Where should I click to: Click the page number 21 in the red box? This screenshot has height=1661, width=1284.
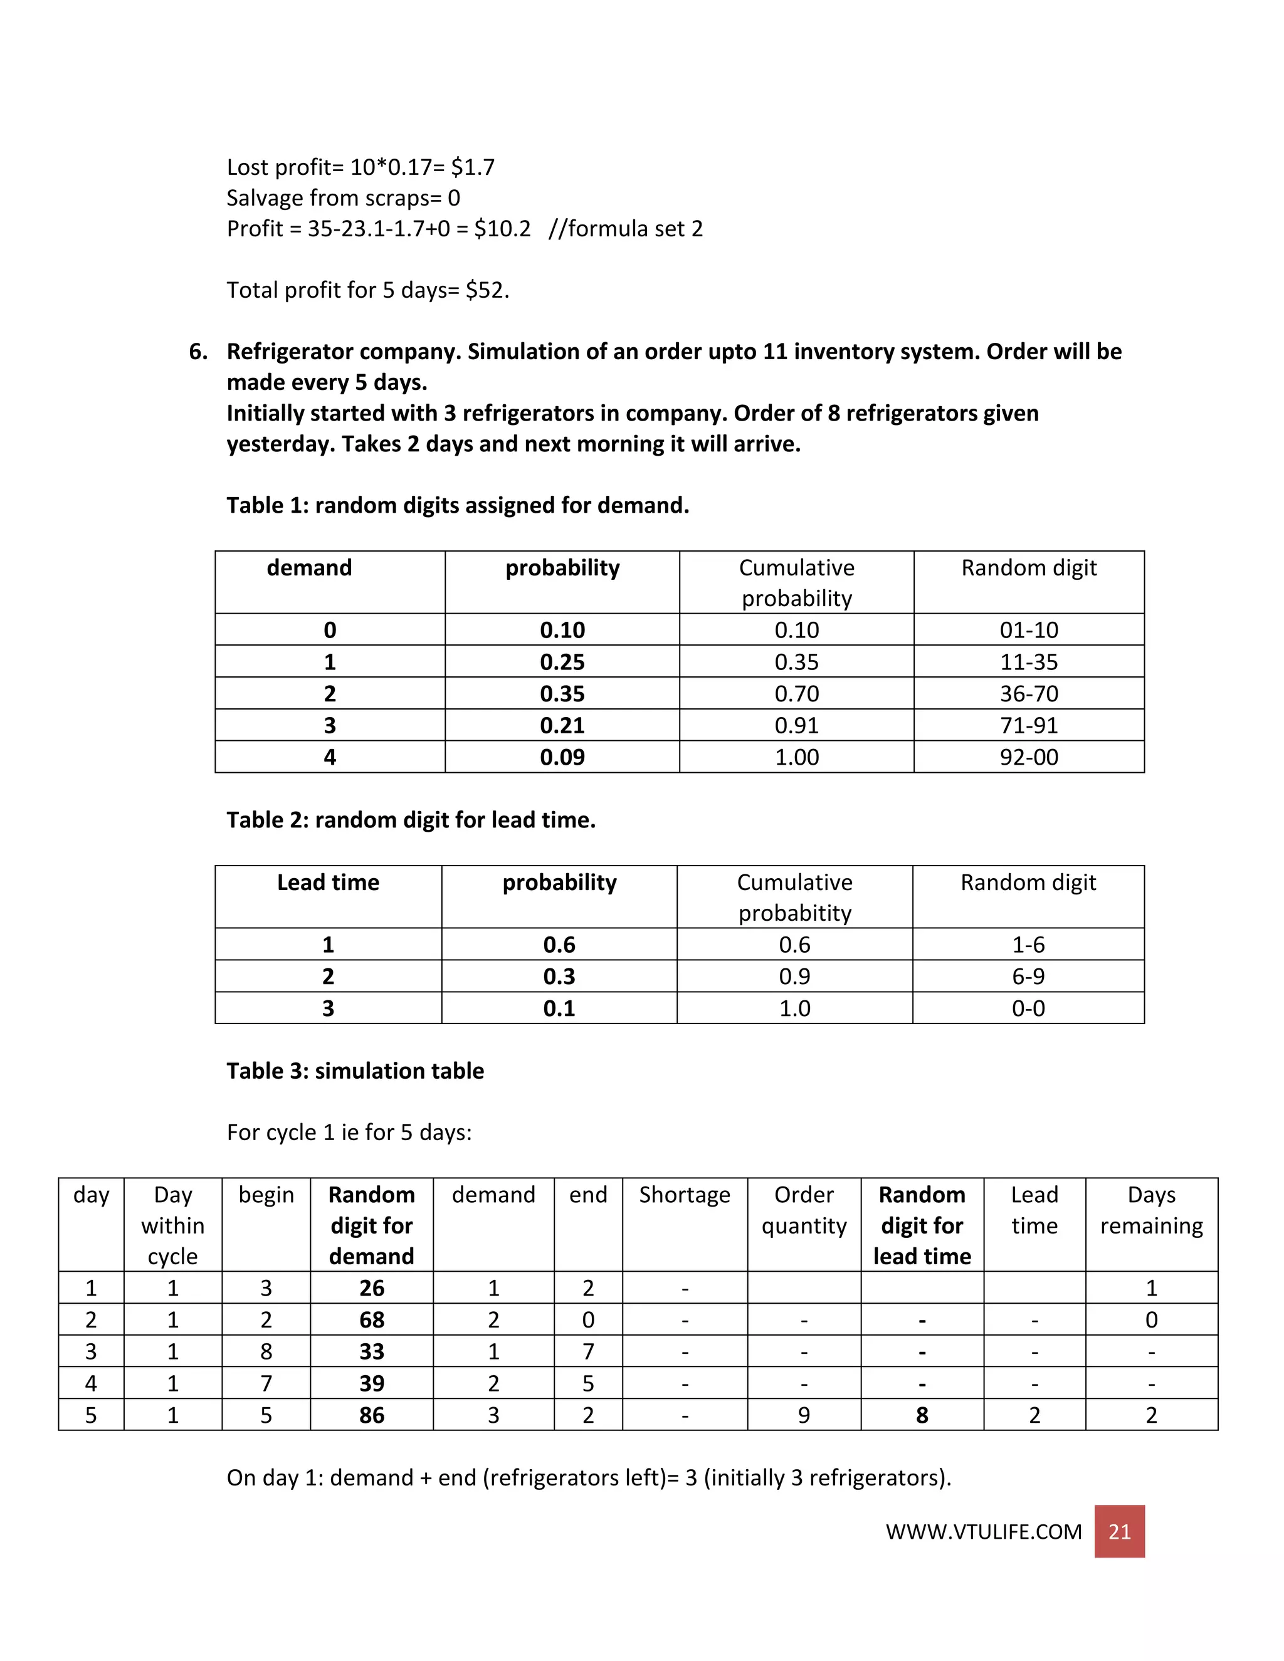click(x=1119, y=1531)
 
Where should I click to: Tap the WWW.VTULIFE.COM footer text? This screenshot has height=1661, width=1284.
click(x=983, y=1532)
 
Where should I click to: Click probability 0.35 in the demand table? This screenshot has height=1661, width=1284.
click(x=562, y=694)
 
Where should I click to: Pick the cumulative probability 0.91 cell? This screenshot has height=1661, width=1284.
click(x=796, y=726)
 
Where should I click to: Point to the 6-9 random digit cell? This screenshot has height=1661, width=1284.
click(x=1028, y=977)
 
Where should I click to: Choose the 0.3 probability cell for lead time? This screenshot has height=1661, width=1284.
click(x=559, y=977)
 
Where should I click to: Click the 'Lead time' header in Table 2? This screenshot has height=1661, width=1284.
click(x=328, y=883)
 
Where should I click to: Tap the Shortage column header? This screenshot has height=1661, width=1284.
click(x=684, y=1195)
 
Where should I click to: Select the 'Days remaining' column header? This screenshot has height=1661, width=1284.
click(x=1151, y=1210)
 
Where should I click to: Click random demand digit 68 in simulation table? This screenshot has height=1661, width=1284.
click(x=371, y=1319)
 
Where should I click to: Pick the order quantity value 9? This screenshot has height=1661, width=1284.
click(x=803, y=1415)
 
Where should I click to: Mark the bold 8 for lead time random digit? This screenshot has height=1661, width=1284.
click(x=922, y=1415)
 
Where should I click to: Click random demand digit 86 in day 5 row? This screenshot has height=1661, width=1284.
click(x=371, y=1415)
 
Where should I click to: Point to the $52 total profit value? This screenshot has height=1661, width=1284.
click(x=486, y=290)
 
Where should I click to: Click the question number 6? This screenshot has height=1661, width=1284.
click(x=197, y=352)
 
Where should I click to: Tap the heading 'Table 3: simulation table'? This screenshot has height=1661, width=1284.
click(x=355, y=1071)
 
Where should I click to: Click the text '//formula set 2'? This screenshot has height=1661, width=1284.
click(x=625, y=228)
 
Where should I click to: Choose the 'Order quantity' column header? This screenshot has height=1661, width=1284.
click(x=803, y=1210)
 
